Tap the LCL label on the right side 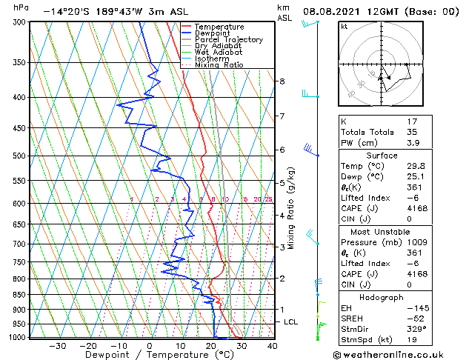click(290, 322)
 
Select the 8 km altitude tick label click(282, 81)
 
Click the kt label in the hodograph click(344, 26)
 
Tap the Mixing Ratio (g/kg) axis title click(292, 208)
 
